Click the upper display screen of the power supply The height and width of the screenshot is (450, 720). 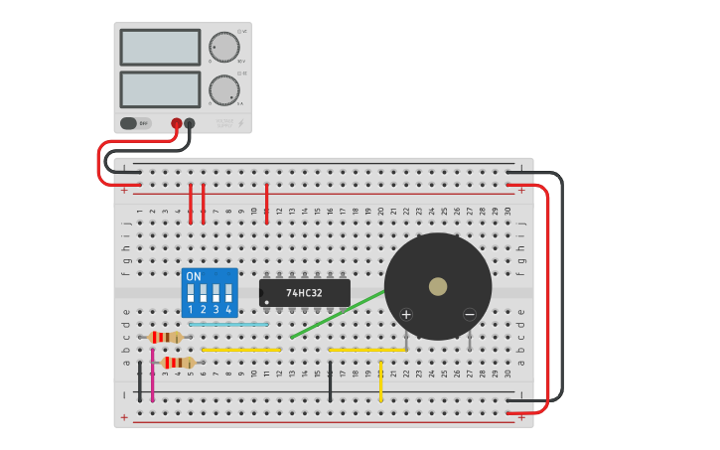160,47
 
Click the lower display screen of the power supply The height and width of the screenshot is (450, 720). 160,89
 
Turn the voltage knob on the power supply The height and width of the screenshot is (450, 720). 224,47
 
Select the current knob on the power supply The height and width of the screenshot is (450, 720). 224,90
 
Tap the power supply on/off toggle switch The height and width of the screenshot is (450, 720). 129,123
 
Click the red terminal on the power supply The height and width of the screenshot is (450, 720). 177,123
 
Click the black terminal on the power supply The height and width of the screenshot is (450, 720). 190,123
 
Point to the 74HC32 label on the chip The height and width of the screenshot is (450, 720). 305,293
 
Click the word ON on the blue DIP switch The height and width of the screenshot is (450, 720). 193,276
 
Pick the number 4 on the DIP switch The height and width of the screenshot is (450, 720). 228,310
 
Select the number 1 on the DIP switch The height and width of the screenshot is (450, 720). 190,310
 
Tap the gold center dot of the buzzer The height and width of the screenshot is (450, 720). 438,286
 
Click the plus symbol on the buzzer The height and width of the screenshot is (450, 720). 405,315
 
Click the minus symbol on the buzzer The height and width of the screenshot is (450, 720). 470,315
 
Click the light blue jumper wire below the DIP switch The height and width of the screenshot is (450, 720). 228,324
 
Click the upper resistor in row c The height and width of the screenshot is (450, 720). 165,337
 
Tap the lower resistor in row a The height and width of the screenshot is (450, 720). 179,363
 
